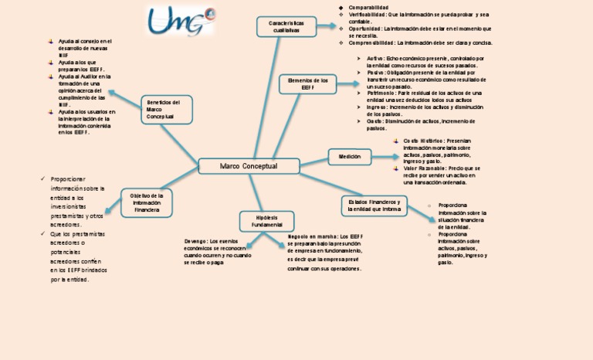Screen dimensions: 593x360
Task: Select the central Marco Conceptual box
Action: tap(249, 166)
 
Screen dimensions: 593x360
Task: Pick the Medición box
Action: tap(344, 157)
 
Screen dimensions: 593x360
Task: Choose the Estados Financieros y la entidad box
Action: tap(374, 205)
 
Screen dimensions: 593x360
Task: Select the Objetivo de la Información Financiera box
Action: tap(147, 203)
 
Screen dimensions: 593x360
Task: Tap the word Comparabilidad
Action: tap(369, 7)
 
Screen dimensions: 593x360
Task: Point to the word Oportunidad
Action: tap(364, 29)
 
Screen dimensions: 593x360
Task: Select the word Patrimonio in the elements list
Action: tap(384, 93)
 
